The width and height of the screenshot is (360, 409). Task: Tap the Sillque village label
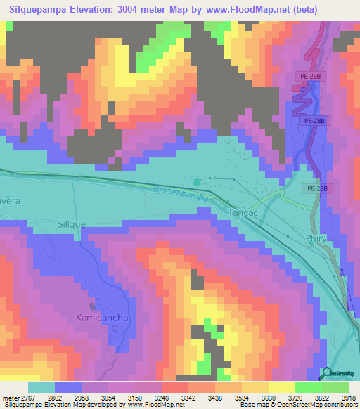pyautogui.click(x=70, y=223)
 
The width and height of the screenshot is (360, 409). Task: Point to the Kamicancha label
pyautogui.click(x=102, y=318)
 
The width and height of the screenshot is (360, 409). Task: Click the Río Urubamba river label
pyautogui.click(x=181, y=193)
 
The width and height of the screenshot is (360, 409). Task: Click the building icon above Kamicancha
pyautogui.click(x=92, y=306)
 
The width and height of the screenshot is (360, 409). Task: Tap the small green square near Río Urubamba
pyautogui.click(x=207, y=183)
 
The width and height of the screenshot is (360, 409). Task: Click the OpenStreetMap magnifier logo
pyautogui.click(x=326, y=373)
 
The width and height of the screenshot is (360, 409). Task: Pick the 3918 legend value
pyautogui.click(x=348, y=397)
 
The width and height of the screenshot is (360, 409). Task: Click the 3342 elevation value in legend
pyautogui.click(x=188, y=397)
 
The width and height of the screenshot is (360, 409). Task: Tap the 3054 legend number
pyautogui.click(x=108, y=397)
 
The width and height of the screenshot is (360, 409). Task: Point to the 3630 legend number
pyautogui.click(x=268, y=397)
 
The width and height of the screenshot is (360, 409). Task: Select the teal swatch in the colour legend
pyautogui.click(x=41, y=387)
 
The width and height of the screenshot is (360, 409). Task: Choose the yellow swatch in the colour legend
pyautogui.click(x=282, y=387)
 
